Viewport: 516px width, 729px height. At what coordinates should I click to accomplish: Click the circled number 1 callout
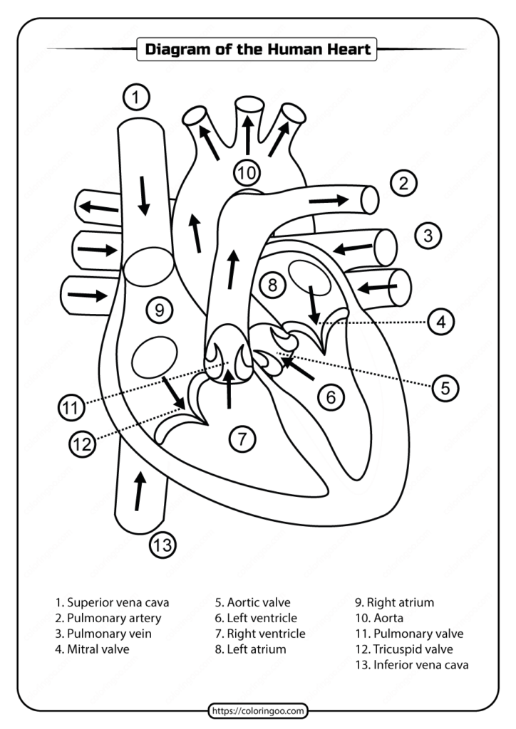[x=136, y=96]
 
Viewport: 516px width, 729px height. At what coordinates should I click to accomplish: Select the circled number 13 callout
[x=162, y=545]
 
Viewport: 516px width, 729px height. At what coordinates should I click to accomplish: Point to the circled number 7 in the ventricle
[x=242, y=439]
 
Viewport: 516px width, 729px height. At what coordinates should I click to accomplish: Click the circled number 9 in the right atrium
[x=159, y=310]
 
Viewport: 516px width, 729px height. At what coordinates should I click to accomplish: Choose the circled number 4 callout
[x=441, y=322]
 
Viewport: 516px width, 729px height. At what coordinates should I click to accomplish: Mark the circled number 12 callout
[x=82, y=445]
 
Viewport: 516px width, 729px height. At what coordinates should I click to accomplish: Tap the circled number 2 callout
[x=403, y=184]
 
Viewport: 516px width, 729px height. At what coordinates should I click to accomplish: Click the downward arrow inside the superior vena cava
[x=144, y=194]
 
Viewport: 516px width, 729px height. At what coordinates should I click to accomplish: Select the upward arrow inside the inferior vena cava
[x=139, y=491]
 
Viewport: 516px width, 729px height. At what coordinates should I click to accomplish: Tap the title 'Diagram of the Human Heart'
[x=257, y=50]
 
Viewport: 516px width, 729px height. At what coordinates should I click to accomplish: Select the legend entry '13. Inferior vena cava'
[x=411, y=665]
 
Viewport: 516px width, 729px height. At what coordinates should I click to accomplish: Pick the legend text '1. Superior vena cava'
[x=112, y=602]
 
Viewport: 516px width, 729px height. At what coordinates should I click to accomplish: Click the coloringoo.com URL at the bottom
[x=258, y=710]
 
